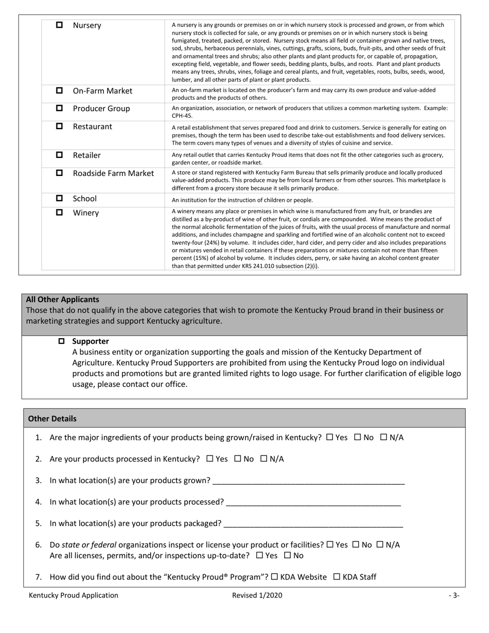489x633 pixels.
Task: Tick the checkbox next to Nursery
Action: [59, 25]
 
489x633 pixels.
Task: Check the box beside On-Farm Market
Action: [59, 91]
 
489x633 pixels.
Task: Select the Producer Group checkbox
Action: [59, 108]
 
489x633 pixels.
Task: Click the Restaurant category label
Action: [92, 127]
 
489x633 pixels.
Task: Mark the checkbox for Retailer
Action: [59, 155]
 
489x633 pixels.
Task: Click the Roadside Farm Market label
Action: [113, 173]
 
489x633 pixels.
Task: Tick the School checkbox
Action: [59, 198]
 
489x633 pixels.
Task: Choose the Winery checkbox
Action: [59, 213]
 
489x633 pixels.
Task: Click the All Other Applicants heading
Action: [62, 300]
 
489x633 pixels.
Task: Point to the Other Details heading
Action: [52, 419]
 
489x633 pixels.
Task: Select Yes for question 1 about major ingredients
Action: [330, 437]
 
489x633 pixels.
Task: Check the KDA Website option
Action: [274, 577]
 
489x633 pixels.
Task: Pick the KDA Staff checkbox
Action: [337, 577]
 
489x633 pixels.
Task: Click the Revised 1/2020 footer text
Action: [257, 595]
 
